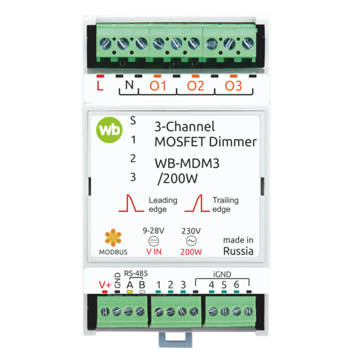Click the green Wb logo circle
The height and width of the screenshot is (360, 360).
[109, 130]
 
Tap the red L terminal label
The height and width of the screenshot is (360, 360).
[100, 86]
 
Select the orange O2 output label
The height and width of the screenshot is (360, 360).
[196, 86]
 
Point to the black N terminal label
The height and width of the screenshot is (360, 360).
[129, 85]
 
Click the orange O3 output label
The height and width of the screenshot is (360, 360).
[233, 86]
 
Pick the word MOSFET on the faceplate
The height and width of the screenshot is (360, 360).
[180, 142]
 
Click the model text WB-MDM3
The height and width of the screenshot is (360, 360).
[187, 163]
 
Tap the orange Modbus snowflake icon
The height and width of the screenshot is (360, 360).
[113, 238]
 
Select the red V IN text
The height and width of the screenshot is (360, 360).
[154, 251]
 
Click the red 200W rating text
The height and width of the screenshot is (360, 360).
[191, 252]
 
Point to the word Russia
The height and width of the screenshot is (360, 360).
[238, 251]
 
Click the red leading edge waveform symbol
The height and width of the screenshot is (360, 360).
[131, 203]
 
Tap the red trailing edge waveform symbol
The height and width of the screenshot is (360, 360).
[197, 203]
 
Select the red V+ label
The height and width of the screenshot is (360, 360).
[105, 285]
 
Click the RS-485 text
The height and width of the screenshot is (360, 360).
[136, 274]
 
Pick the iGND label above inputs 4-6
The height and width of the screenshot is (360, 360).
[222, 274]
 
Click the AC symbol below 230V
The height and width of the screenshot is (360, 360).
[191, 241]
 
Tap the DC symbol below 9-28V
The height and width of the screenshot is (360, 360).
[154, 241]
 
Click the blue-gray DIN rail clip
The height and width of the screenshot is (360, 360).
[176, 340]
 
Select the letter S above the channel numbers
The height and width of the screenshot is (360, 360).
[133, 121]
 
